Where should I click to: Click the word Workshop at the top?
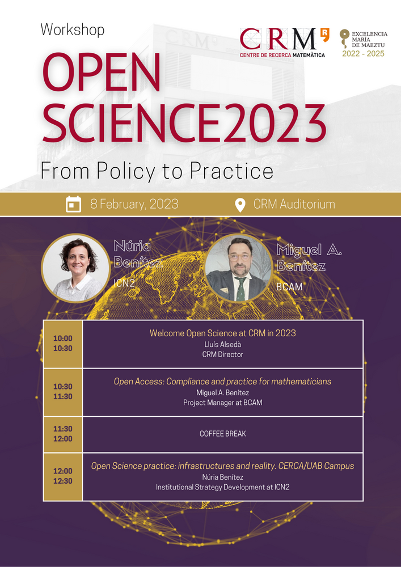click(x=73, y=30)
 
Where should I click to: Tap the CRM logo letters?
click(x=278, y=39)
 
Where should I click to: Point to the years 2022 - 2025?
click(x=364, y=54)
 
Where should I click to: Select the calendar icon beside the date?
click(x=73, y=204)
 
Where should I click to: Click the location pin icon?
click(x=240, y=205)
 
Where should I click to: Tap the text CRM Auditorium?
click(x=294, y=204)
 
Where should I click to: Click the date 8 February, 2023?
click(x=134, y=204)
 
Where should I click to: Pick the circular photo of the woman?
click(x=75, y=268)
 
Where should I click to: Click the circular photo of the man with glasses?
click(x=238, y=268)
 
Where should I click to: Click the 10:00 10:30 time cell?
click(x=63, y=344)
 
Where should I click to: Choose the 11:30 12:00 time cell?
click(x=63, y=434)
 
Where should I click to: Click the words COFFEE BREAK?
click(x=223, y=434)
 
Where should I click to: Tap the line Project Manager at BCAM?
click(x=223, y=403)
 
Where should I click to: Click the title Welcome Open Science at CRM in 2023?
click(x=223, y=333)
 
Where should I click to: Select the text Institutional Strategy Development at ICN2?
click(x=223, y=488)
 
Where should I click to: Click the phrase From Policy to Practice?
click(x=157, y=171)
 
